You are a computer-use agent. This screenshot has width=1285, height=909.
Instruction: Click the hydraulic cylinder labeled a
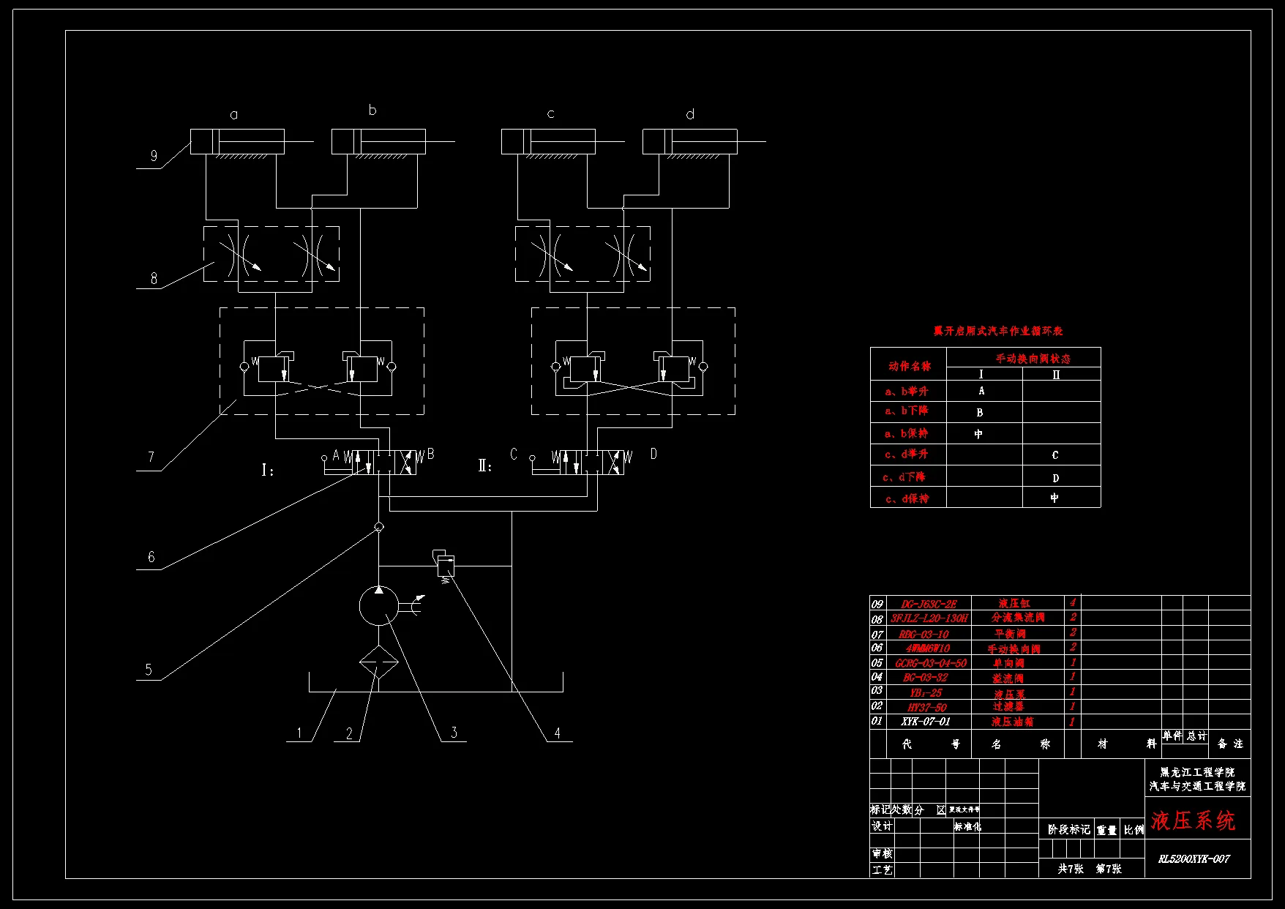click(x=237, y=141)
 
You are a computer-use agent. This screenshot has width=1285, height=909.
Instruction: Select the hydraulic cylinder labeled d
click(x=689, y=141)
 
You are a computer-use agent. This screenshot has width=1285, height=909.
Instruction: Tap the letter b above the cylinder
click(x=372, y=111)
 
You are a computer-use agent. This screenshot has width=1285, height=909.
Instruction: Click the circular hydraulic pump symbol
click(x=378, y=606)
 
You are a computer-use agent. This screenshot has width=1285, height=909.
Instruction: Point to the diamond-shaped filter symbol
click(x=378, y=663)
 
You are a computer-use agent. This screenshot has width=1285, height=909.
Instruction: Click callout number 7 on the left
click(x=151, y=457)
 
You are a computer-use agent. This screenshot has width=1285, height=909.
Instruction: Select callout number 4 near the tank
click(x=557, y=733)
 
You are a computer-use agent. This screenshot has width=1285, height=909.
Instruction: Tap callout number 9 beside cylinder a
click(x=154, y=155)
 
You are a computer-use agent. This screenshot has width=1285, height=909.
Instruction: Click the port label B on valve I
click(x=430, y=454)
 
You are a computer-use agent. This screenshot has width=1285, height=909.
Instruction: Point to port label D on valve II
click(x=653, y=454)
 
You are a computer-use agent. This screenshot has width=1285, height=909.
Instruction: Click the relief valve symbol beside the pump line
click(x=445, y=564)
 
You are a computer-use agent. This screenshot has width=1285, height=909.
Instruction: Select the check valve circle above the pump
click(x=378, y=527)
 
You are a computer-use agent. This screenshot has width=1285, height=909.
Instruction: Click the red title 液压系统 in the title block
click(x=1193, y=820)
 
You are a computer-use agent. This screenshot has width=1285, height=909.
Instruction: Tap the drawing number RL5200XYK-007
click(x=1194, y=858)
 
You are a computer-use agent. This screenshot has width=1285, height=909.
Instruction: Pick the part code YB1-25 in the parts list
click(x=926, y=692)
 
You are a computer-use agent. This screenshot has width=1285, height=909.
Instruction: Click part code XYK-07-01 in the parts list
click(x=926, y=722)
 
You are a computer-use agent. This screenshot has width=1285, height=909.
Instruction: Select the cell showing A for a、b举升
click(x=981, y=391)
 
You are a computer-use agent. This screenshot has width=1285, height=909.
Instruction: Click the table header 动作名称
click(x=910, y=366)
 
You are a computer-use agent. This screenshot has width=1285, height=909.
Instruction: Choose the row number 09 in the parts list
click(x=877, y=604)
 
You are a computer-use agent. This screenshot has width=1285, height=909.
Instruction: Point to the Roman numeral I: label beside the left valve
click(x=268, y=470)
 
